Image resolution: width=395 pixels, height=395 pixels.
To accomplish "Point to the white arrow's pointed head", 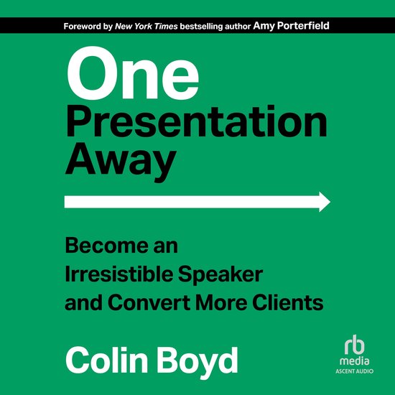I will click(324, 202).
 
